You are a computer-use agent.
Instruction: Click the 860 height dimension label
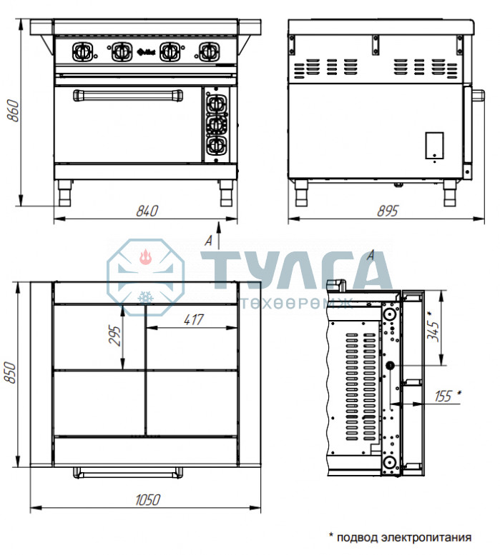point(14,111)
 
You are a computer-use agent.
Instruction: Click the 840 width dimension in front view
point(147,211)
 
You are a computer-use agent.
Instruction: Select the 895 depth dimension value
point(388,211)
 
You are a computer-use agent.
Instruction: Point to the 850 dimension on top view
point(10,372)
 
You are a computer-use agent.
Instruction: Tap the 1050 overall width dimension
point(148,500)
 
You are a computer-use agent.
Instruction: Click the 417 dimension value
point(194,319)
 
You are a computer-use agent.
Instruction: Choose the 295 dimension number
point(114,335)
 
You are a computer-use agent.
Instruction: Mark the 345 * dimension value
point(433,326)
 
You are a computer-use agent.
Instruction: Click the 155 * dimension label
point(448,396)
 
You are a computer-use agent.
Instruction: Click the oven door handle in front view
point(128,96)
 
